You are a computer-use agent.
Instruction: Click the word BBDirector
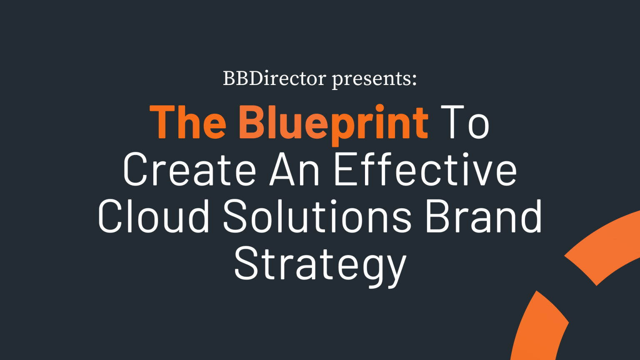click(x=274, y=78)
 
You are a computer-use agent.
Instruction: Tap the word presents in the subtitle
click(x=372, y=79)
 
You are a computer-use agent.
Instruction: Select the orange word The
click(x=188, y=122)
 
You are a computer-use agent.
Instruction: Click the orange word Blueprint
click(x=333, y=123)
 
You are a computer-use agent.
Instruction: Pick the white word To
click(x=465, y=122)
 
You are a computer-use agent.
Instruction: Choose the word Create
click(x=190, y=170)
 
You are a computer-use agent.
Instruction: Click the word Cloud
click(x=154, y=217)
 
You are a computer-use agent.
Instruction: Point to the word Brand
click(x=483, y=217)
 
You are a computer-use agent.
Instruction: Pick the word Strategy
click(x=320, y=265)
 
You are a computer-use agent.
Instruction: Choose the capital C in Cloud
click(x=112, y=217)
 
